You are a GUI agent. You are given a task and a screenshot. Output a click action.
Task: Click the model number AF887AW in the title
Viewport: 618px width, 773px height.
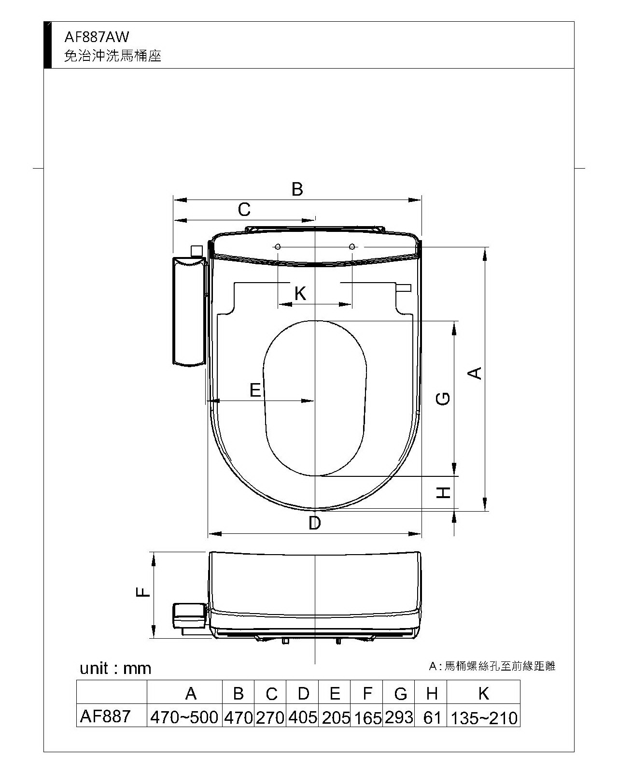(x=96, y=37)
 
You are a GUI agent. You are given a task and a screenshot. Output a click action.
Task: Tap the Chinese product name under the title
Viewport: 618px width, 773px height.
(x=113, y=56)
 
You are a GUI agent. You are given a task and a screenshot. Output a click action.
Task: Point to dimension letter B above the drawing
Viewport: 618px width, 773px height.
(x=297, y=189)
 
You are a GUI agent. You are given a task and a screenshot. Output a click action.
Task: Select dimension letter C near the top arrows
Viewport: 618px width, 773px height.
(x=244, y=209)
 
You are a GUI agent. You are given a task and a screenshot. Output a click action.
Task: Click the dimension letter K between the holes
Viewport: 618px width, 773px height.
(x=300, y=293)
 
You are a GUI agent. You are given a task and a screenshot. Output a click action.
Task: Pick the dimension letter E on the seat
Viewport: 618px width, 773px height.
(x=255, y=390)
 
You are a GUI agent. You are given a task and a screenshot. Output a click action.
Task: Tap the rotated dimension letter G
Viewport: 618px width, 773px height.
(x=443, y=399)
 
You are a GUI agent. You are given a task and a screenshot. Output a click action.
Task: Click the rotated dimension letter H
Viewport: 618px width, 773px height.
(x=443, y=492)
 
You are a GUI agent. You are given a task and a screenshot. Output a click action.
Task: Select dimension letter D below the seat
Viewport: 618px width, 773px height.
(x=315, y=523)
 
